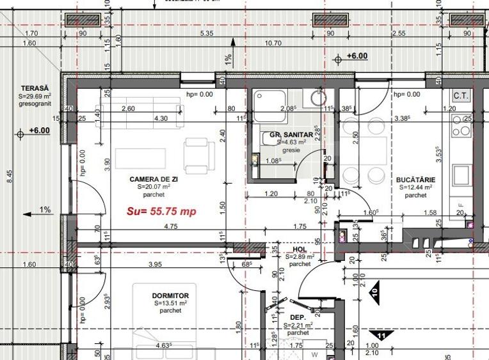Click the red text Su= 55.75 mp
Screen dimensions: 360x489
point(161,211)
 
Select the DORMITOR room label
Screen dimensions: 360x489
point(170,295)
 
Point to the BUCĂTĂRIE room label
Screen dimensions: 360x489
point(415,180)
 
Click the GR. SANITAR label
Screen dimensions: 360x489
point(291,135)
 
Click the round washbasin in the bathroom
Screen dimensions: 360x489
point(317,97)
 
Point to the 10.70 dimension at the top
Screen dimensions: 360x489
point(273,43)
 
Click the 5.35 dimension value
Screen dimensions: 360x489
point(206,33)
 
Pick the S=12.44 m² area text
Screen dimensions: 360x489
point(415,188)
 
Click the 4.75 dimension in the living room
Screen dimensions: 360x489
point(153,226)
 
